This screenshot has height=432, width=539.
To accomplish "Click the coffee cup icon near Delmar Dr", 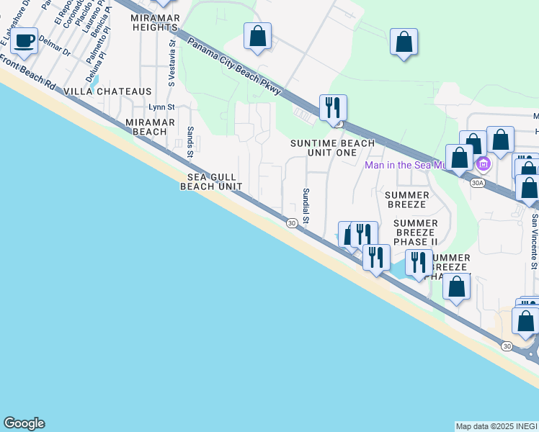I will pyautogui.click(x=24, y=40).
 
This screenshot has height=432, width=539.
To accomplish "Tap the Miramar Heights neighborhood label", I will pyautogui.click(x=155, y=22).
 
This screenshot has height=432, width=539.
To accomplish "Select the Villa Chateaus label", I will pyautogui.click(x=108, y=91).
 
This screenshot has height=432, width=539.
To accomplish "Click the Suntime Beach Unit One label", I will pyautogui.click(x=332, y=148).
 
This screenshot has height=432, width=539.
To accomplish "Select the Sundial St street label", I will pyautogui.click(x=306, y=205).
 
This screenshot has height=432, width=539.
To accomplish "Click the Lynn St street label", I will pyautogui.click(x=161, y=107).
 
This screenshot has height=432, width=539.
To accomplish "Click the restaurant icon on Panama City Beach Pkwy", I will pyautogui.click(x=333, y=108).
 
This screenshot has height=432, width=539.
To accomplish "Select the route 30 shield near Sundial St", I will pyautogui.click(x=291, y=223).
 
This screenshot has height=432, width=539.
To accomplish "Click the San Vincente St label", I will pyautogui.click(x=534, y=241).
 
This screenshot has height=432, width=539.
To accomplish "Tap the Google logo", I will pyautogui.click(x=24, y=423).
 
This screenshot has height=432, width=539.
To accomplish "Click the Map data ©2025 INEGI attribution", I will pyautogui.click(x=496, y=426).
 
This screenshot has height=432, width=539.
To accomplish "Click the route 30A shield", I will pyautogui.click(x=476, y=183).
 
